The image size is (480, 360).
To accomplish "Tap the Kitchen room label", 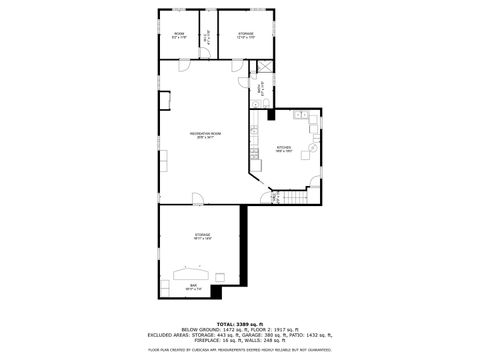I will click(x=283, y=150).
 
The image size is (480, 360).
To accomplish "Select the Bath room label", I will click(x=258, y=88).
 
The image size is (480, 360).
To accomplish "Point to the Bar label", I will click(x=193, y=287).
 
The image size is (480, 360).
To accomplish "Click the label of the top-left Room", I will click(x=179, y=35).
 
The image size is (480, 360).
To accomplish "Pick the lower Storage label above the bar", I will click(x=202, y=236).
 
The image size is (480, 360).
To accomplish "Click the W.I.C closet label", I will click(x=207, y=35).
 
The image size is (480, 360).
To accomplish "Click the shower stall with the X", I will click(x=265, y=68).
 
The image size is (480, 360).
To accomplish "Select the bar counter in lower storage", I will click(x=192, y=271).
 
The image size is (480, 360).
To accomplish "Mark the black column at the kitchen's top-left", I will click(x=273, y=113).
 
